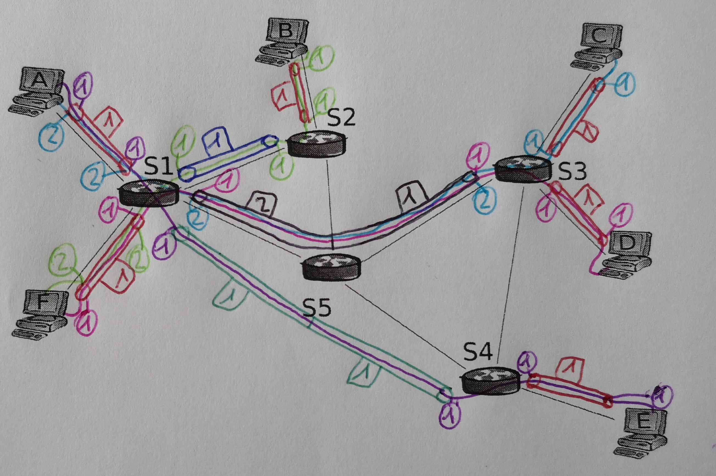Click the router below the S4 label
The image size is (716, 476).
click(490, 381)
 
